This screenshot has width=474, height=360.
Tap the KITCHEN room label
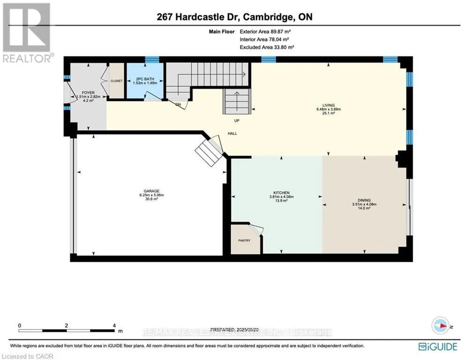tap(281, 193)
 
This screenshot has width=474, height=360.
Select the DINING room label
tap(364, 200)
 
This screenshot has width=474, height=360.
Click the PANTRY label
tap(244, 240)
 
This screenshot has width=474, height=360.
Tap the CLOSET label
tap(116, 81)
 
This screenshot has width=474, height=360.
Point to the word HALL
tap(232, 134)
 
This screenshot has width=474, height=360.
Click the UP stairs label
tap(237, 120)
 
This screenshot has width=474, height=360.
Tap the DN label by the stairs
tap(178, 104)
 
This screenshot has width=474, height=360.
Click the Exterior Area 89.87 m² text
tap(268, 31)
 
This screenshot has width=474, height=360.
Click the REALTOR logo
tap(27, 33)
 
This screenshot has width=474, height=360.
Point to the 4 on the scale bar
tap(114, 325)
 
